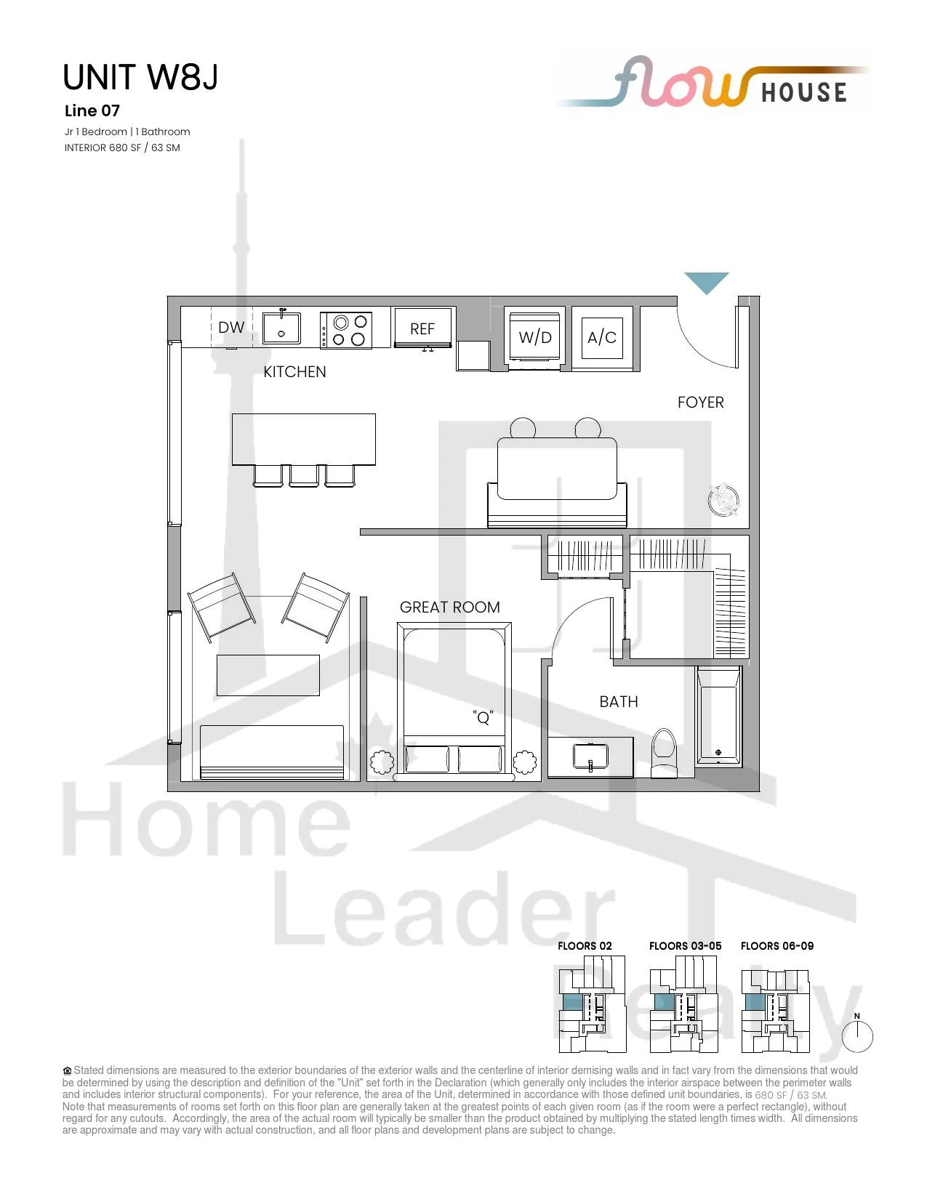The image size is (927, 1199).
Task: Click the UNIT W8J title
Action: click(x=140, y=77)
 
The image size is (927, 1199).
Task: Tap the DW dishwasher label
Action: click(x=230, y=327)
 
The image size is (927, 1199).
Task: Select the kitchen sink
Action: click(x=281, y=328)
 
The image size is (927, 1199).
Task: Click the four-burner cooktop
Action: click(x=346, y=329)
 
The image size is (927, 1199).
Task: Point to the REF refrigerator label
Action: click(x=422, y=329)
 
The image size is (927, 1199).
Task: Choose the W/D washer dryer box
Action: click(x=535, y=337)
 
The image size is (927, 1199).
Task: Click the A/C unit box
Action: click(x=602, y=337)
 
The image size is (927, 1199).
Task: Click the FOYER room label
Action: click(x=701, y=403)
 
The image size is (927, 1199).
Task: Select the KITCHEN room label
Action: click(x=294, y=372)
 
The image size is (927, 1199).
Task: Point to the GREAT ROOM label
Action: click(x=449, y=607)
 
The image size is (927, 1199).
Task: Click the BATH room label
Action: click(x=619, y=702)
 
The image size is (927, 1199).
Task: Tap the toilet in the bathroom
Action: click(x=665, y=753)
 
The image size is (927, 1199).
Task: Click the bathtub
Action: click(x=718, y=716)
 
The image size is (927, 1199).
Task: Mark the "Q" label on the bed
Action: click(x=483, y=717)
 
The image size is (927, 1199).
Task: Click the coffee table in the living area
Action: click(x=268, y=675)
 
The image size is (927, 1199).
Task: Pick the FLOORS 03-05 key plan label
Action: click(x=685, y=945)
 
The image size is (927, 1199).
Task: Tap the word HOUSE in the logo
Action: click(x=804, y=93)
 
